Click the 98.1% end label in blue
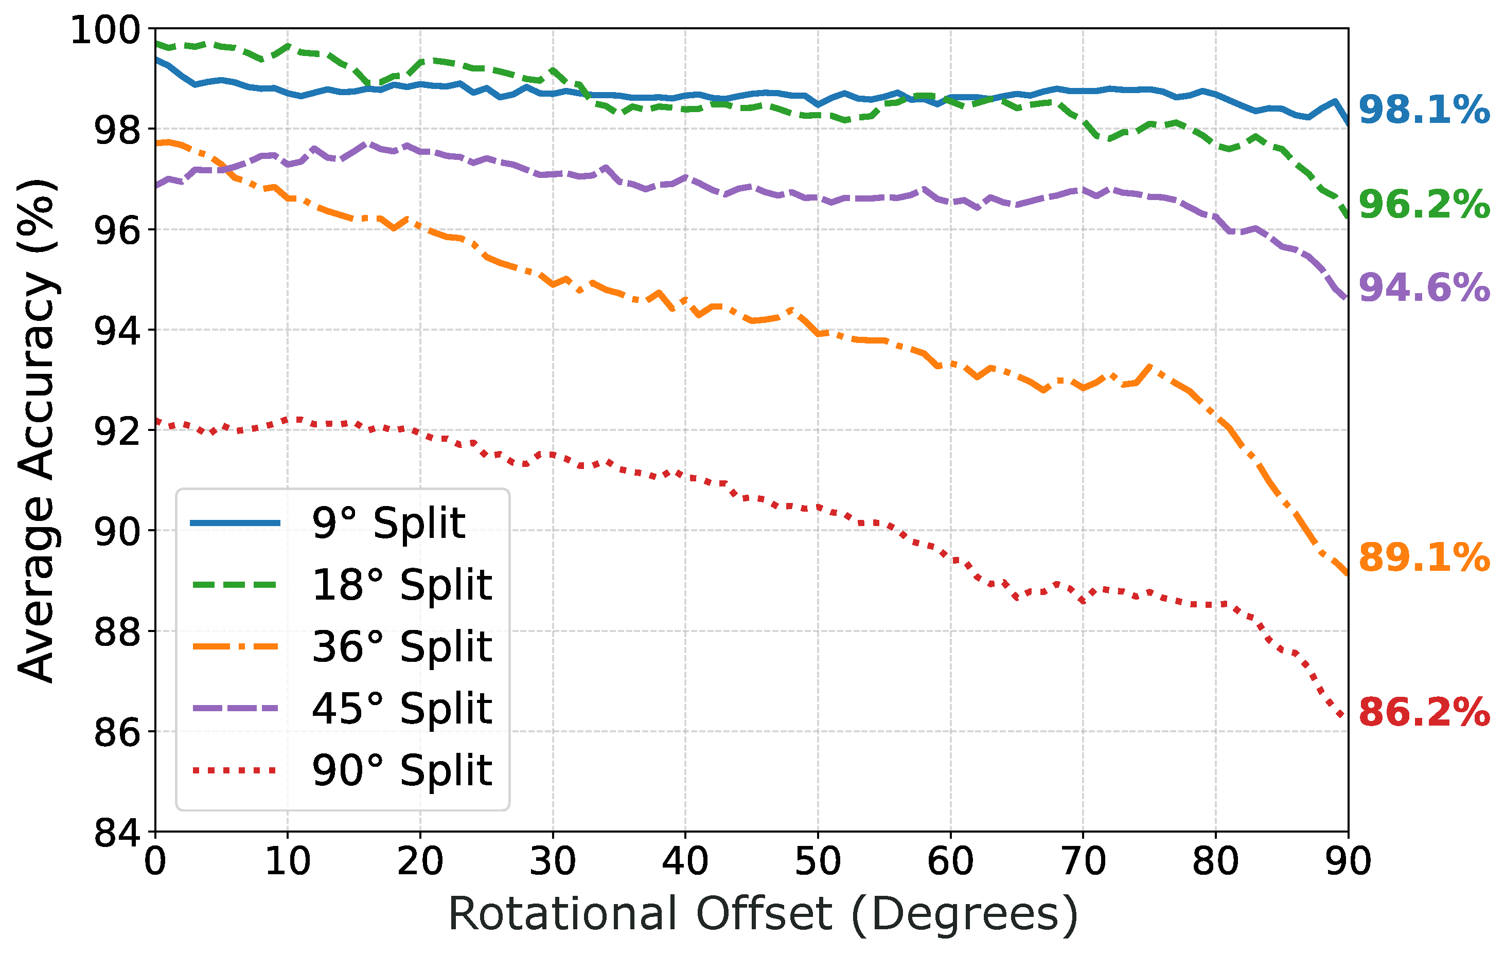click(x=1423, y=111)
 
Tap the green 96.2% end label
click(x=1423, y=205)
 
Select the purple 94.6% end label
click(x=1423, y=288)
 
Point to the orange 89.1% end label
click(x=1423, y=557)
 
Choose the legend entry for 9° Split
click(x=388, y=523)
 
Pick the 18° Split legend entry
click(x=402, y=585)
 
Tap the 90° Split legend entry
click(x=402, y=770)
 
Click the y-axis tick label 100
click(x=105, y=30)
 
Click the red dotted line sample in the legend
click(x=235, y=770)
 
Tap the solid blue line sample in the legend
click(x=235, y=523)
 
